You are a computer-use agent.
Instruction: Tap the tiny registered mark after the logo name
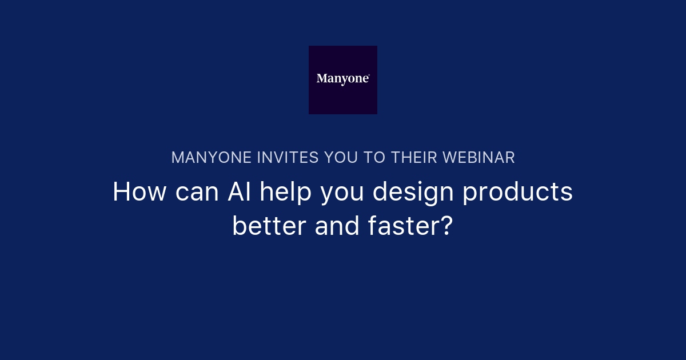point(369,75)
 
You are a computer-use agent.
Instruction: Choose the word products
point(517,193)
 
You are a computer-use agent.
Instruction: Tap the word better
point(269,227)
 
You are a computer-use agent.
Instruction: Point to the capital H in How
point(121,193)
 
